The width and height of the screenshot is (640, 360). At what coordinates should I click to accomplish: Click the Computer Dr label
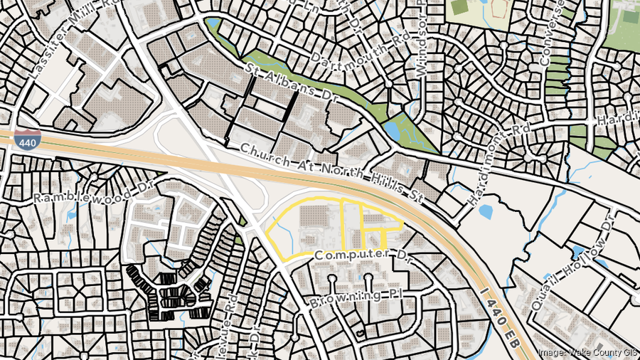[x=360, y=254]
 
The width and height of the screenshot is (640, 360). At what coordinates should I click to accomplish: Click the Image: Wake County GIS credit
[x=587, y=352]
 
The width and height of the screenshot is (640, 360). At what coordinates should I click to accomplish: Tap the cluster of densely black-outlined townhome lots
[x=167, y=292]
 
